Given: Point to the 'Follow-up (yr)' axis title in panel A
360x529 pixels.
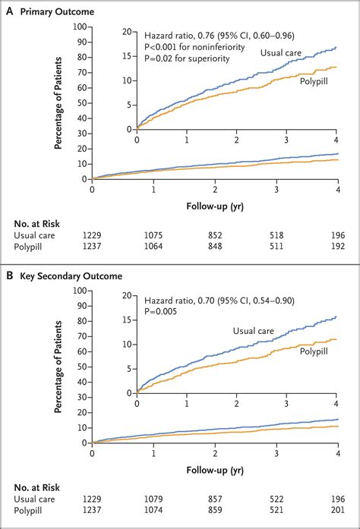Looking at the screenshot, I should tap(215, 205).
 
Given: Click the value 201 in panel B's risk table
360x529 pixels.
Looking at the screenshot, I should tap(339, 512).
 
